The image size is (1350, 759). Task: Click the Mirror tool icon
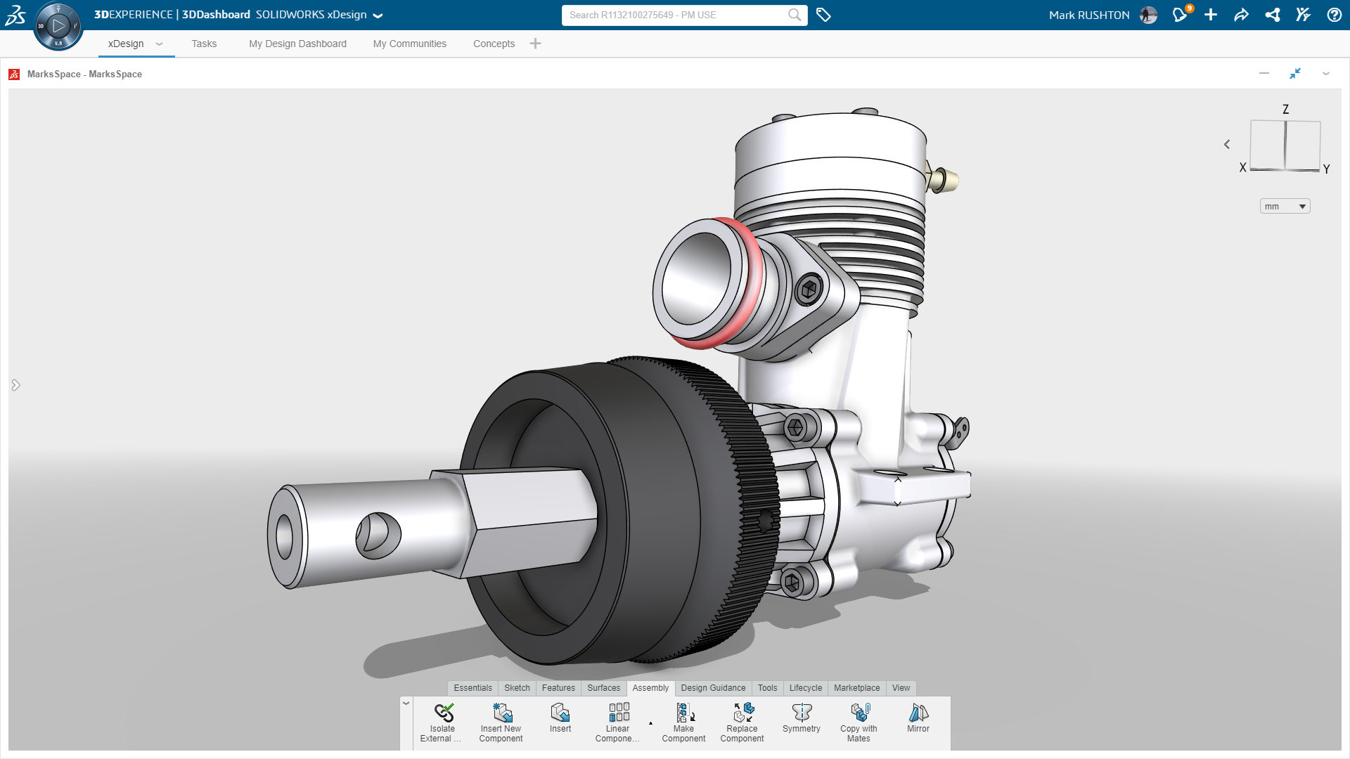pos(918,713)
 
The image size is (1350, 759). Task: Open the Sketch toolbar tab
pos(517,688)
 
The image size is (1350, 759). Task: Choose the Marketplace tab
pos(856,688)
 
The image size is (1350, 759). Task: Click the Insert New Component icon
pos(501,713)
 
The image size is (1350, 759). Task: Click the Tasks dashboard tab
pos(204,44)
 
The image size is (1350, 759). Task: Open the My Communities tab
pos(409,44)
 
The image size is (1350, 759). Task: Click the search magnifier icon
pos(795,15)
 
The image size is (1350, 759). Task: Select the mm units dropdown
pos(1285,206)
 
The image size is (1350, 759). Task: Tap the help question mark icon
pos(1334,15)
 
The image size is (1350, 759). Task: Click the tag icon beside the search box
pos(823,15)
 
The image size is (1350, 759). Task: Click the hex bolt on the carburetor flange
pos(809,289)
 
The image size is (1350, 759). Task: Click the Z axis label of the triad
pos(1285,110)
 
